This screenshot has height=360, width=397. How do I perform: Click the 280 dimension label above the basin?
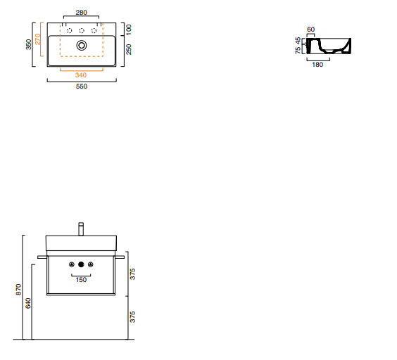coord(81,13)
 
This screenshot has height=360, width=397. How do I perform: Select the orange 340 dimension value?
coord(81,75)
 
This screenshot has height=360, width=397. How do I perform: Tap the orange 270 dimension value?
coord(37,39)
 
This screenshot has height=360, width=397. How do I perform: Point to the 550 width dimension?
coord(82,86)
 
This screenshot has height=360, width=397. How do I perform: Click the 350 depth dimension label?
coord(29,44)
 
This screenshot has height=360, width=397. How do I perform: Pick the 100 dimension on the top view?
coord(129,30)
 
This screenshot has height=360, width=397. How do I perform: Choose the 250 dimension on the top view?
coord(129,49)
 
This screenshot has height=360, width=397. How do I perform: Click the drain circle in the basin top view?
coord(82,46)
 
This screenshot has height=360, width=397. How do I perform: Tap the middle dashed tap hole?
coord(82,31)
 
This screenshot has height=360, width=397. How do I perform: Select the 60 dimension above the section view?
coord(310,30)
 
